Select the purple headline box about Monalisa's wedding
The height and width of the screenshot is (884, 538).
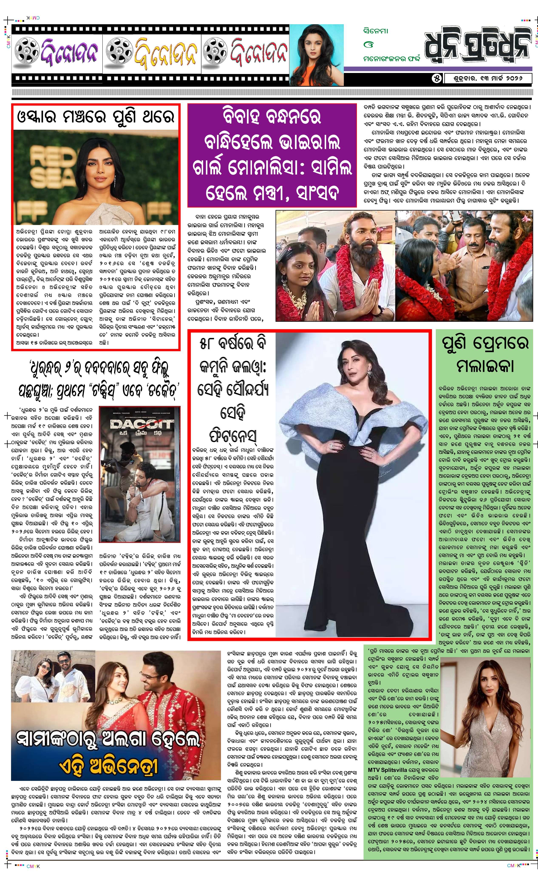click(x=272, y=155)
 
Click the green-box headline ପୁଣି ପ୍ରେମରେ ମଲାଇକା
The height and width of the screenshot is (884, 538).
click(x=485, y=354)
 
